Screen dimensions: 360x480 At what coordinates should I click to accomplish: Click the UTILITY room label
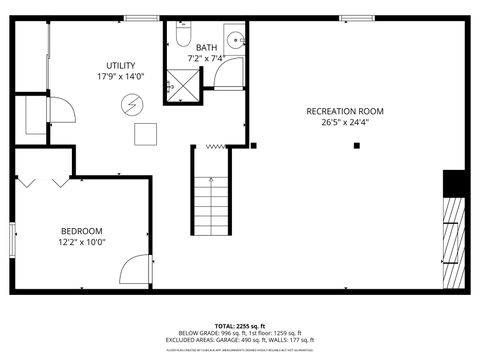121,65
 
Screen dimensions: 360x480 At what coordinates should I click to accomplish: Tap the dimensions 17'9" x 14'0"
121,76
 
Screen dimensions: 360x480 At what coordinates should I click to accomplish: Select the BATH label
206,47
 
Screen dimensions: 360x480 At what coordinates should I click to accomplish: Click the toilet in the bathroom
183,37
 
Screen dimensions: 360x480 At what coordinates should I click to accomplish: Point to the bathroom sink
234,41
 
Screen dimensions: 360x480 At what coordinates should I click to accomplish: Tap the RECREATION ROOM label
345,111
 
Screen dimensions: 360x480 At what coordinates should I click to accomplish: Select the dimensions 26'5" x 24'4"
345,123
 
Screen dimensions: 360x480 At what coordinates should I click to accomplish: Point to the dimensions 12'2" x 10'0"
81,240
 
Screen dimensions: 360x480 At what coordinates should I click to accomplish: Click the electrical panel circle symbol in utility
132,103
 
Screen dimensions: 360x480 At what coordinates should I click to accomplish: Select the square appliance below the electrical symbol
146,133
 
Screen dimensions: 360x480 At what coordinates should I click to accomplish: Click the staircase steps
211,205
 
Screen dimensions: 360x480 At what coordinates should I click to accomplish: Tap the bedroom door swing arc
134,268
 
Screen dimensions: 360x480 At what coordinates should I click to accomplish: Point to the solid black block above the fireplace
455,184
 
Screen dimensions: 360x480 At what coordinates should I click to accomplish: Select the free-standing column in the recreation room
357,146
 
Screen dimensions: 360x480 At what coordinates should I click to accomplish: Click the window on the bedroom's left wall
12,239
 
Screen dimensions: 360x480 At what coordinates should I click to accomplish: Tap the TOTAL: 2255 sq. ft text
239,326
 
